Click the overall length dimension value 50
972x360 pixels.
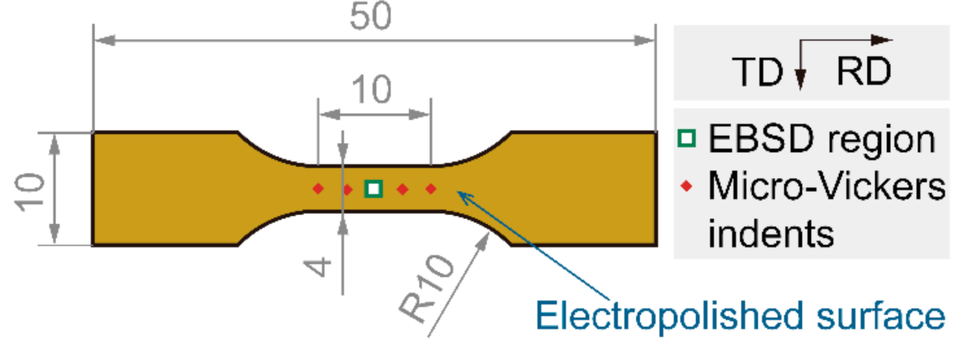[371, 19]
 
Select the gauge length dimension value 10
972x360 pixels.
[371, 90]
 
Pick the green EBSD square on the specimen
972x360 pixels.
[374, 188]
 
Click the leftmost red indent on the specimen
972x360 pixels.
[318, 188]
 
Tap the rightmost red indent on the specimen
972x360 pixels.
[431, 188]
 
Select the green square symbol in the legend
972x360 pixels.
[688, 139]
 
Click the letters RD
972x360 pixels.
[864, 73]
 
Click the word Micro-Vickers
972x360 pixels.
[826, 187]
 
